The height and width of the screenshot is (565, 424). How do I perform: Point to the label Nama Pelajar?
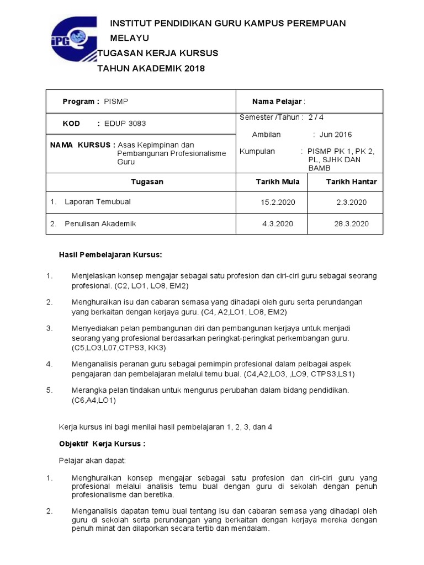(278, 102)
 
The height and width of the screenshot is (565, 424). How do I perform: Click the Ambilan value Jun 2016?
(335, 134)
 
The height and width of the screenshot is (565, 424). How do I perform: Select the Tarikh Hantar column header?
(351, 182)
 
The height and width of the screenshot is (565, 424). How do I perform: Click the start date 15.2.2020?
(278, 202)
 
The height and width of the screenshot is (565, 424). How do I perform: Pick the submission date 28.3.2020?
(352, 223)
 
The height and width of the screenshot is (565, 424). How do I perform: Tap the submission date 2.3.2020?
(352, 202)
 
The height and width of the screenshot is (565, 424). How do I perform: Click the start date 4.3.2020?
(278, 223)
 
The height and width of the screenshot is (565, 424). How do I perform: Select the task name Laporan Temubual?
(98, 202)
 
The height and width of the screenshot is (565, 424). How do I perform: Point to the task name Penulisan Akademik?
(100, 223)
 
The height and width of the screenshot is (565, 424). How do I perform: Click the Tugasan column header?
(147, 182)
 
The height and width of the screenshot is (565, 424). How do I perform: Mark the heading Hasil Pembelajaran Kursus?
(110, 254)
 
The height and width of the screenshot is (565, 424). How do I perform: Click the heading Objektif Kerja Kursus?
(102, 444)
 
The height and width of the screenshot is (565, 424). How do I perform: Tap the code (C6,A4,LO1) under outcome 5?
(94, 401)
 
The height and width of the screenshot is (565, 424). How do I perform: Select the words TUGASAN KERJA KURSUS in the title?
(158, 54)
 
